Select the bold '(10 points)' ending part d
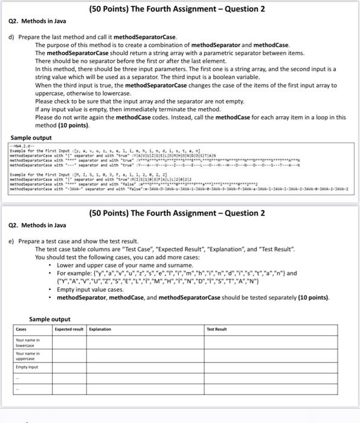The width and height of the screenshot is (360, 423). point(71,125)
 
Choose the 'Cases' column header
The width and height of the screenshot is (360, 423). point(21,330)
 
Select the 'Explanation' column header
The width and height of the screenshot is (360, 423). point(101,330)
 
